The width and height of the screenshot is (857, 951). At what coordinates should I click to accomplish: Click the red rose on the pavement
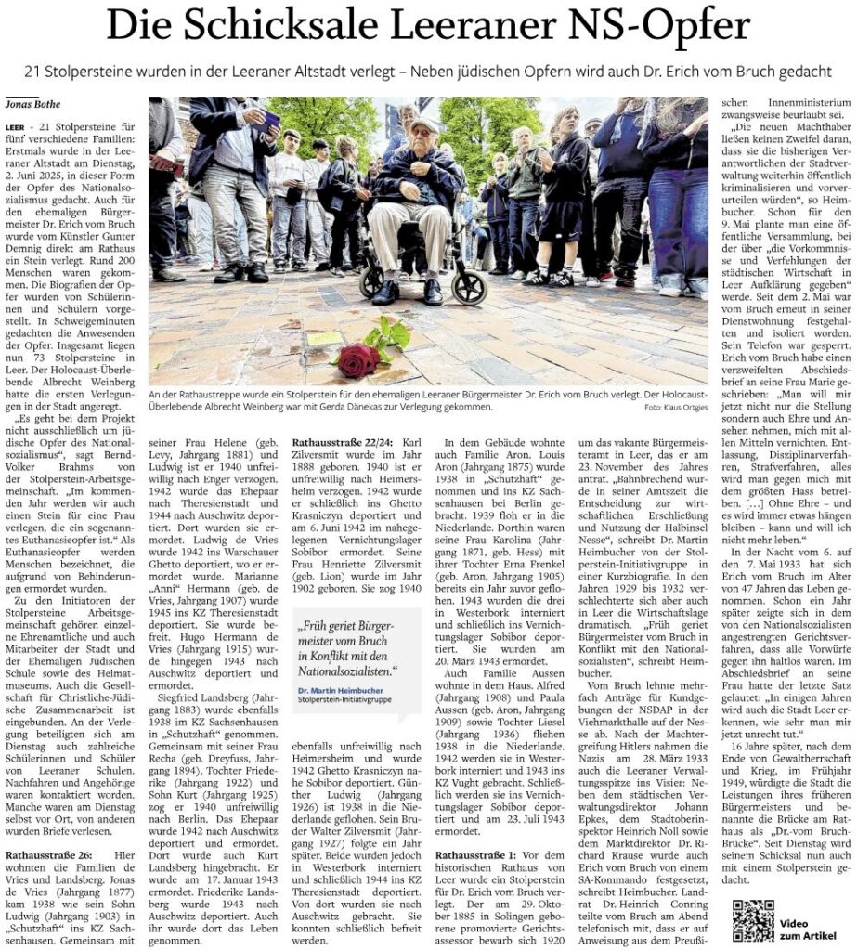point(358,358)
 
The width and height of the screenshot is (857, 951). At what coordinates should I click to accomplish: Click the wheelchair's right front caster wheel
point(469,289)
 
